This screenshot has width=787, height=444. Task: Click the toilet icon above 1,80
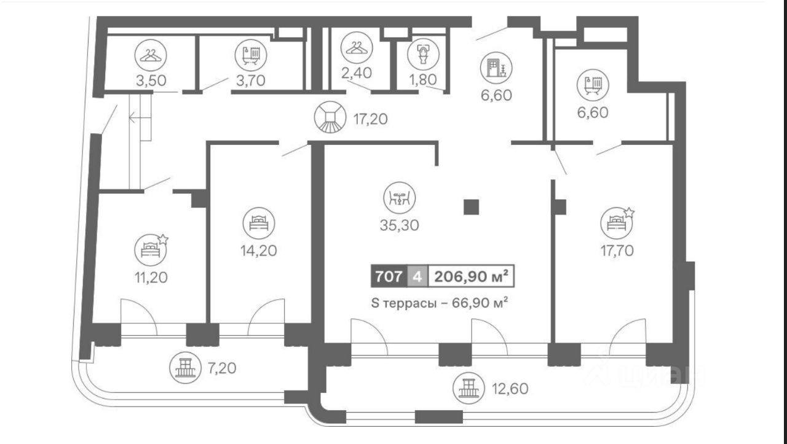pyautogui.click(x=424, y=55)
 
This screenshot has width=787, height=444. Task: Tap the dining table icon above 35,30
pyautogui.click(x=400, y=198)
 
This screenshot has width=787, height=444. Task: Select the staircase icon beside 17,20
pyautogui.click(x=330, y=117)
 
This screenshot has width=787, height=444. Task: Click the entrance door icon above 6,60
pyautogui.click(x=496, y=68)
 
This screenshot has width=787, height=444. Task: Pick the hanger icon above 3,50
pyautogui.click(x=151, y=55)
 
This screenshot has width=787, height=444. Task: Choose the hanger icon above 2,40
pyautogui.click(x=357, y=47)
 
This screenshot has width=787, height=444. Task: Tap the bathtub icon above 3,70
pyautogui.click(x=251, y=55)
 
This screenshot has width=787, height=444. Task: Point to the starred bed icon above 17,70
pyautogui.click(x=617, y=222)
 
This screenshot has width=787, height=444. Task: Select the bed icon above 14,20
pyautogui.click(x=259, y=224)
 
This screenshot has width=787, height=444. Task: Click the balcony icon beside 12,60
pyautogui.click(x=469, y=388)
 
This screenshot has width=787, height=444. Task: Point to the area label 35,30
pyautogui.click(x=400, y=225)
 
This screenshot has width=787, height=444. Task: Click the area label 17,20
pyautogui.click(x=371, y=119)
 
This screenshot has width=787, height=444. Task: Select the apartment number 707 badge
pyautogui.click(x=389, y=276)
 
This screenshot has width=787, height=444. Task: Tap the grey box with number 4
pyautogui.click(x=417, y=276)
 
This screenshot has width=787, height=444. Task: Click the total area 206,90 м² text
pyautogui.click(x=471, y=276)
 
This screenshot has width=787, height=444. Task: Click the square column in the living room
pyautogui.click(x=471, y=207)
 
